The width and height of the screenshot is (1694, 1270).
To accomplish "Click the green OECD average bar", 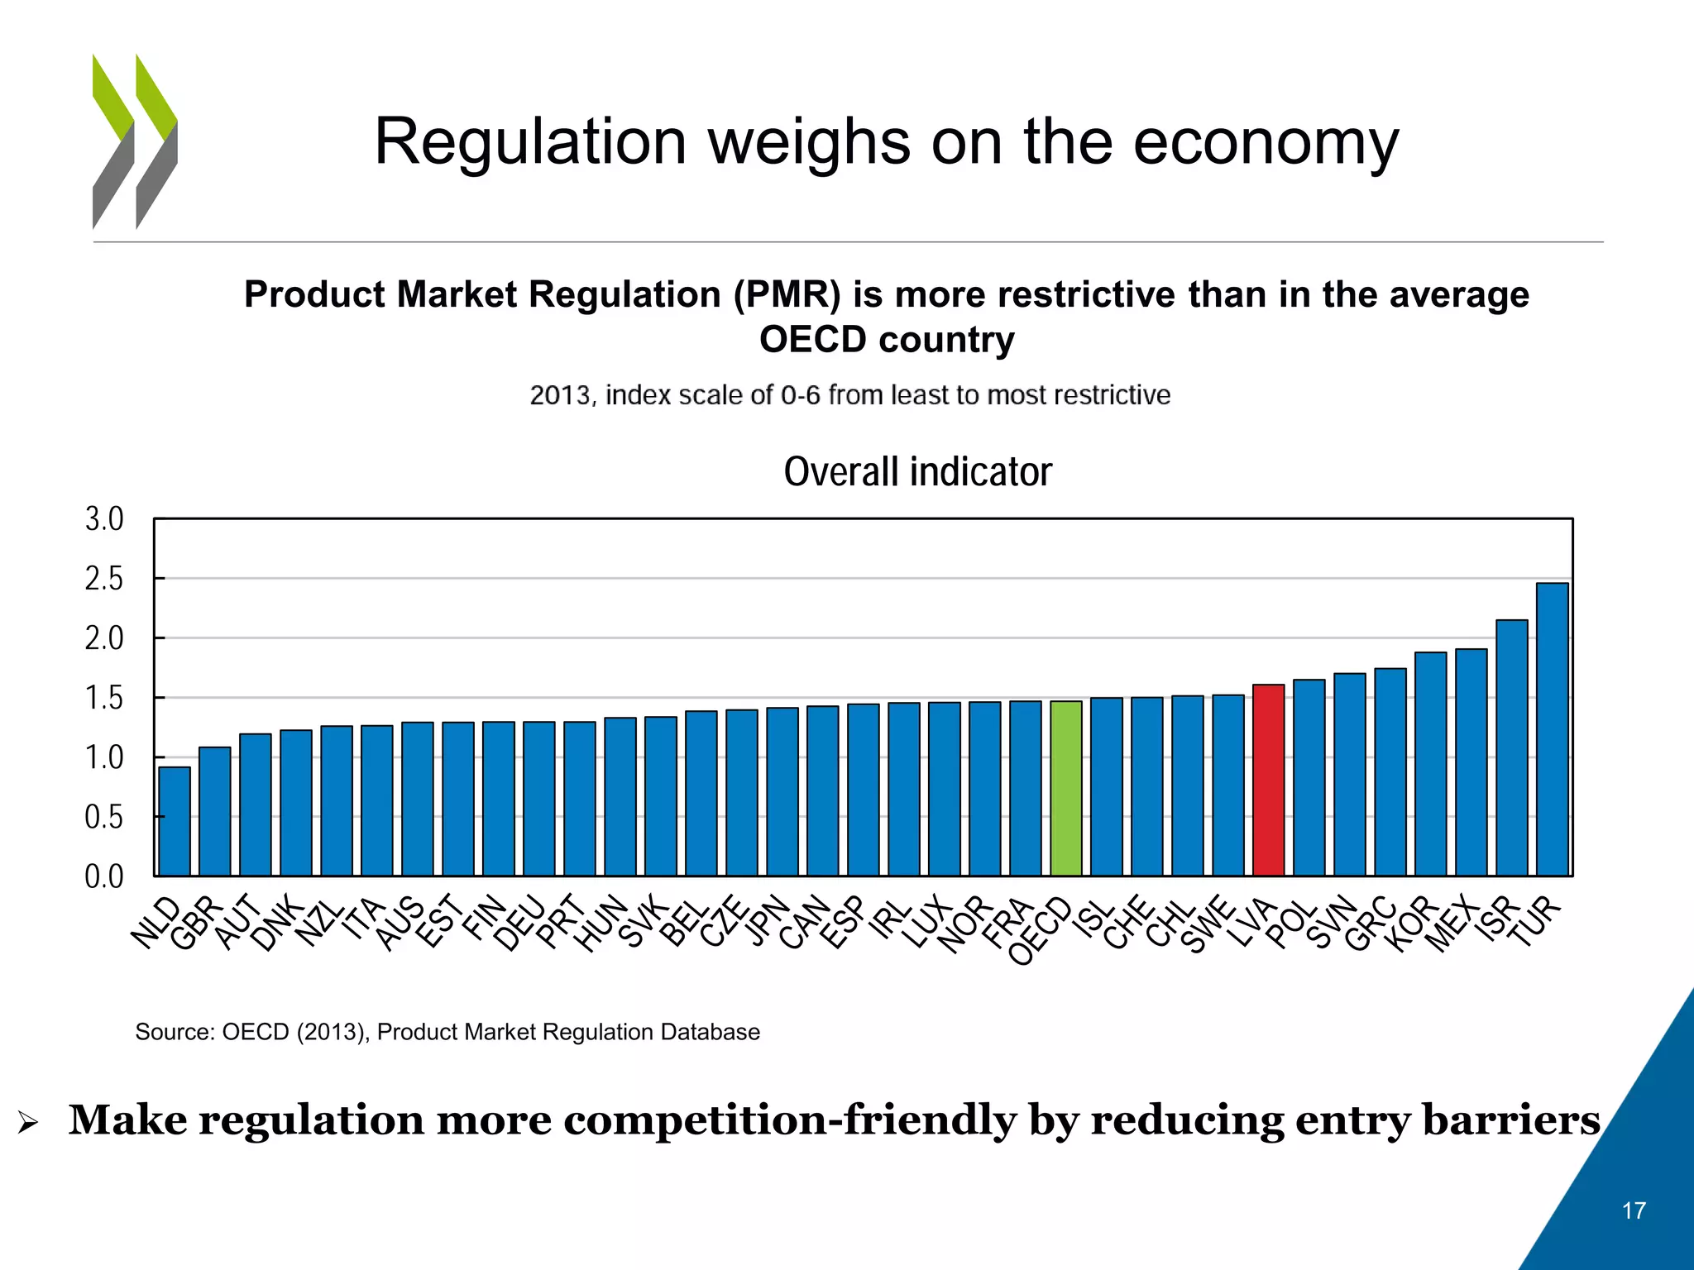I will (1066, 788).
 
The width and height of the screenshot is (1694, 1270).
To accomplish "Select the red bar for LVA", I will (1269, 780).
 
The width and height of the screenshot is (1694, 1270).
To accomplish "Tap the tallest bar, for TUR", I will (1552, 729).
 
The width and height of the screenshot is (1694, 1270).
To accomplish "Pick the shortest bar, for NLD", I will (175, 821).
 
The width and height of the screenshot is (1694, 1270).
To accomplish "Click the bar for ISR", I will (1511, 747).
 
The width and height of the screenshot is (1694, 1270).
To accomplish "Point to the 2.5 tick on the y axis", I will (104, 579).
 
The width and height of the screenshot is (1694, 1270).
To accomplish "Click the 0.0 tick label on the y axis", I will (104, 876).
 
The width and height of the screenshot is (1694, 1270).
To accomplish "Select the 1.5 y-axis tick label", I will (104, 698).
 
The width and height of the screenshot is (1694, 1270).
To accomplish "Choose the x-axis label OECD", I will (1040, 930).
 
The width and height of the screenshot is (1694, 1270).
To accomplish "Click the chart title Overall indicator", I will (917, 472).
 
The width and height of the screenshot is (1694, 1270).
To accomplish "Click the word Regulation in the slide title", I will (529, 142).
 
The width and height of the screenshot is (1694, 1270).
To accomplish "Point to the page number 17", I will (1634, 1210).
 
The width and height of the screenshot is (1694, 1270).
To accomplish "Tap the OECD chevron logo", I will (135, 141).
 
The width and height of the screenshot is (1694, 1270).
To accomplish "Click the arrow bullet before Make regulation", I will (27, 1123).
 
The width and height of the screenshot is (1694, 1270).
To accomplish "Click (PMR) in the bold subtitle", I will (786, 295).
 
